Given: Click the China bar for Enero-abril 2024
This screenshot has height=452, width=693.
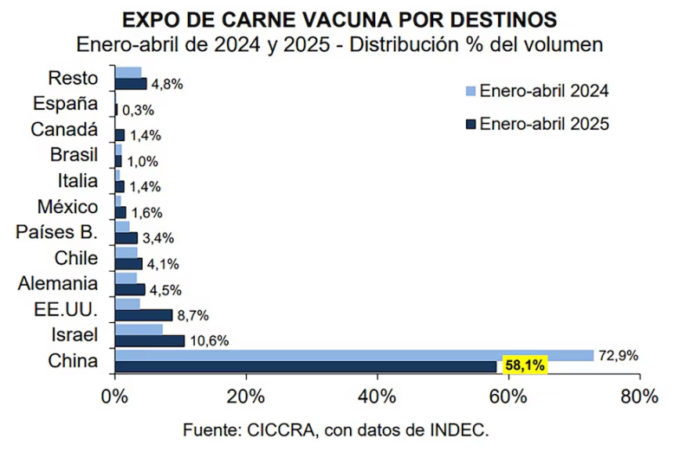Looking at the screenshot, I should [x=353, y=355].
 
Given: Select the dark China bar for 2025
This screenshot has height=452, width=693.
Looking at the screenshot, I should [x=306, y=366].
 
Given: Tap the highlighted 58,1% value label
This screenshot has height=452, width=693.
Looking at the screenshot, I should [x=524, y=366].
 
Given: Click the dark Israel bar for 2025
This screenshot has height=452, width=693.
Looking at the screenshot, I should [x=149, y=341].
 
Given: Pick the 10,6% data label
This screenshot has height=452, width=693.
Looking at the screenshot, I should [x=209, y=341].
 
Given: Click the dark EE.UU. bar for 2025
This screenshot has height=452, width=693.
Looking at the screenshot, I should [x=143, y=315].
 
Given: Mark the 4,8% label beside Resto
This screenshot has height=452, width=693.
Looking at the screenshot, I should [x=167, y=85].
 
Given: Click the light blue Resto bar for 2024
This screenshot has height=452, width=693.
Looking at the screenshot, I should [x=127, y=73].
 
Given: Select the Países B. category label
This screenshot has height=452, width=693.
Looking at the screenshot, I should [x=57, y=232].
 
